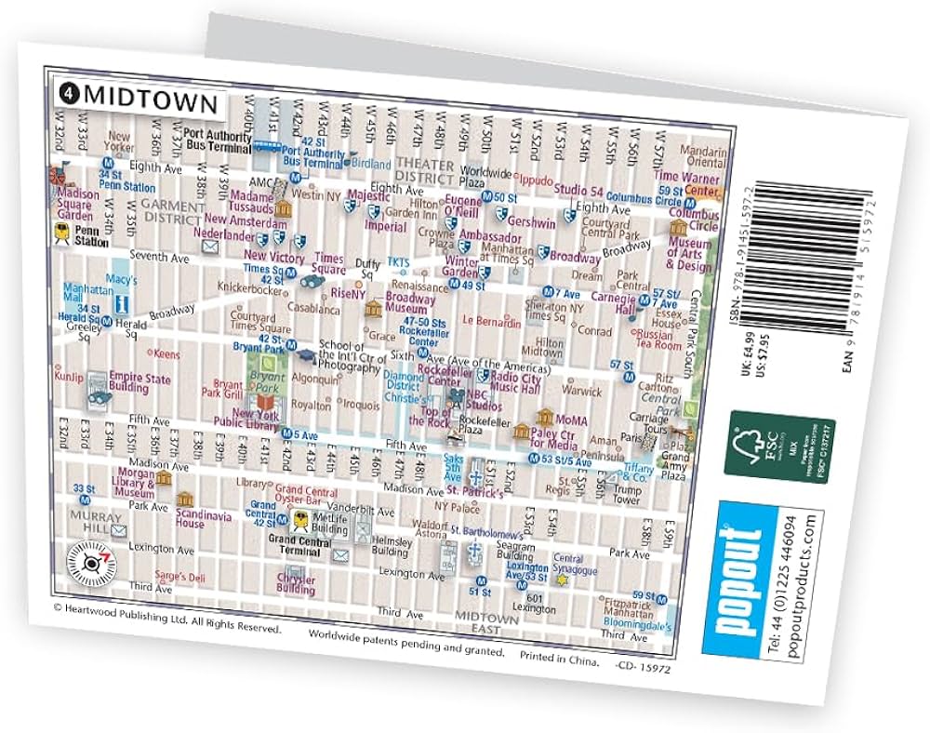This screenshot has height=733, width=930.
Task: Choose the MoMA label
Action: coord(573,420)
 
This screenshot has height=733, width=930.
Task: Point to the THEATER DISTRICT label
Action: coord(426,171)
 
